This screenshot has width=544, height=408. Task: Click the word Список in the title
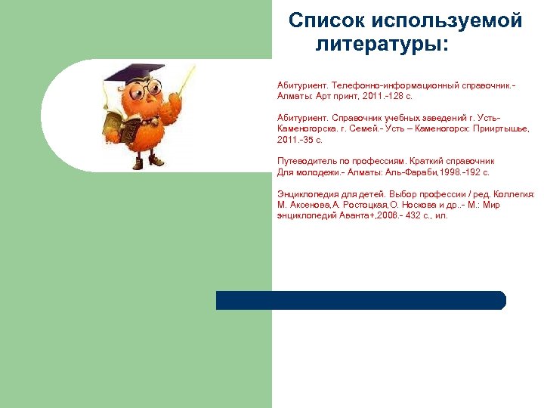tap(324, 20)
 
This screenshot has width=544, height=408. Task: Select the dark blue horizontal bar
tap(360, 300)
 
